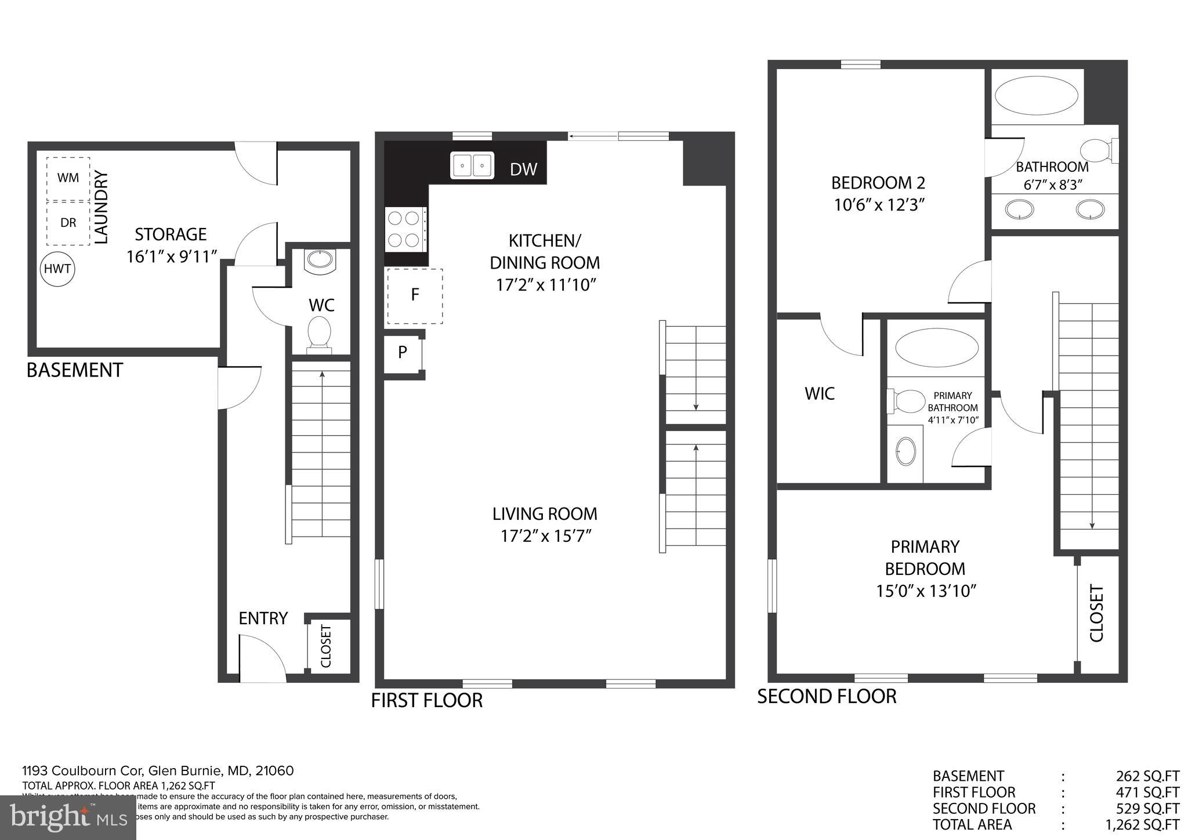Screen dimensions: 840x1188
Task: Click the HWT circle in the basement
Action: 58,269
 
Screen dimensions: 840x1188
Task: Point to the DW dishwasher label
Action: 523,169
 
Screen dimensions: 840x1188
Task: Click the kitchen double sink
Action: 472,166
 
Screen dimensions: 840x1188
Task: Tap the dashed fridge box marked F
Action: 415,295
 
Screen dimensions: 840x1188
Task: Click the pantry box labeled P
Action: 403,352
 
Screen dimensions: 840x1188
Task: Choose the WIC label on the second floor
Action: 820,394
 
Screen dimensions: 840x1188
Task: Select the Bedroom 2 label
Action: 878,183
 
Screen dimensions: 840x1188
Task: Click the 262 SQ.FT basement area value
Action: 1147,776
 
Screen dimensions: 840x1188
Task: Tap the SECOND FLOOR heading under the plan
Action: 827,696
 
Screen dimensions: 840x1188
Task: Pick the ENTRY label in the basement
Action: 263,618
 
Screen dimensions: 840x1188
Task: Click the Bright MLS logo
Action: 68,818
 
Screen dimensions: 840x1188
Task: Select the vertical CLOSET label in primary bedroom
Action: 1096,614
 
